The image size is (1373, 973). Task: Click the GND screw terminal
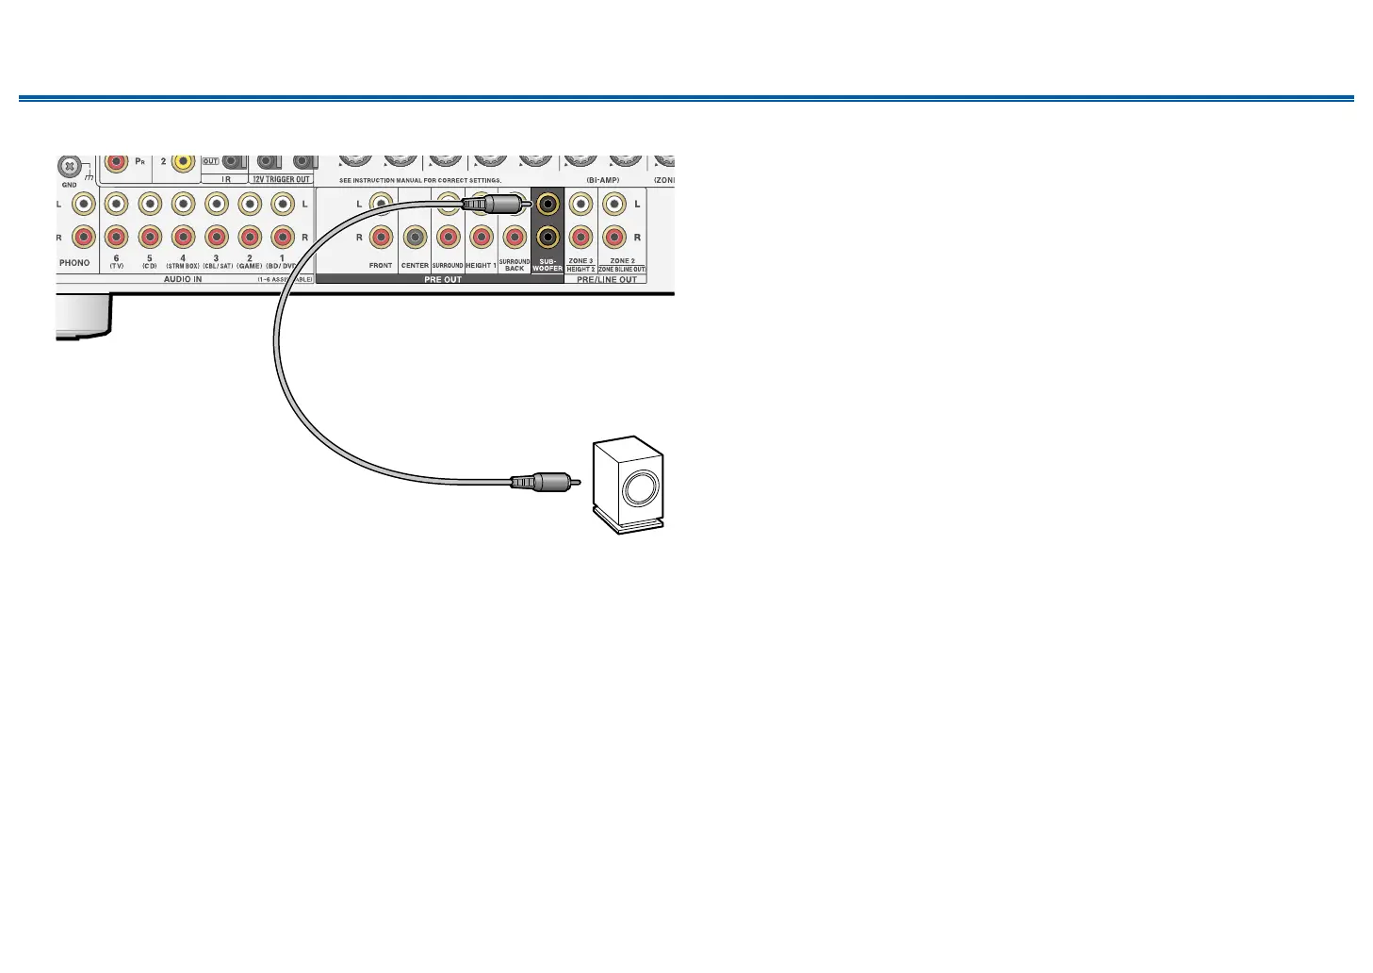pos(68,167)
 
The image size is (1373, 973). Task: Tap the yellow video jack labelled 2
pos(183,163)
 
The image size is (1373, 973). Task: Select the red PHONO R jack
pos(85,237)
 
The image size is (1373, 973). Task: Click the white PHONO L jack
pos(85,203)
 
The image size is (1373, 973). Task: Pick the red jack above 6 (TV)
pos(117,237)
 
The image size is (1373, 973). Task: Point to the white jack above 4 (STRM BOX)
pos(183,203)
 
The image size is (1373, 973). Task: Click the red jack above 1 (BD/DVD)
pos(283,237)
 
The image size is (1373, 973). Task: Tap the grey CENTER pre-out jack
pos(415,237)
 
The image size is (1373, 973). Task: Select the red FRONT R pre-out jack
pos(381,237)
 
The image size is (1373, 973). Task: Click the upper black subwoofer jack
pos(548,203)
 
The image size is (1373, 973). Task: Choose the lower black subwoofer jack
pos(548,237)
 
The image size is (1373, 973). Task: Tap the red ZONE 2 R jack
pos(614,237)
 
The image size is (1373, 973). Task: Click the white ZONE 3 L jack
pos(581,203)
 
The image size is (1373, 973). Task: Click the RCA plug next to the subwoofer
pos(538,482)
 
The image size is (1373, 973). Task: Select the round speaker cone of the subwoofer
pos(639,488)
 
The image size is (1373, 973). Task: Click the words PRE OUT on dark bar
pos(443,279)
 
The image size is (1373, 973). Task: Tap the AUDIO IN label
pos(183,279)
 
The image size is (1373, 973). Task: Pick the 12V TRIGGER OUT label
pos(281,179)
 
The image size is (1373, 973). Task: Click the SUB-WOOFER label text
pos(548,265)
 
